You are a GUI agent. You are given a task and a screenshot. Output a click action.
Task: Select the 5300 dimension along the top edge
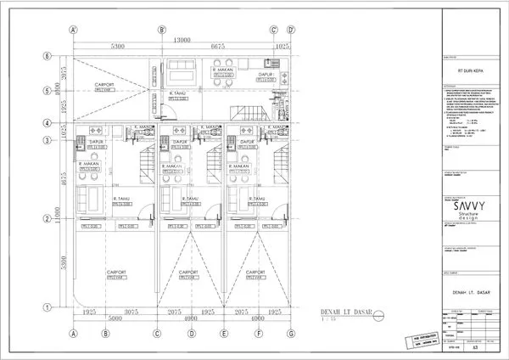(117, 47)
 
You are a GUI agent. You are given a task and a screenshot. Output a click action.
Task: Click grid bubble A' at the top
(74, 30)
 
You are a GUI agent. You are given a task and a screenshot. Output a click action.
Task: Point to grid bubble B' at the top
(161, 30)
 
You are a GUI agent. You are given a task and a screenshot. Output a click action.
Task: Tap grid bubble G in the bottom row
(290, 334)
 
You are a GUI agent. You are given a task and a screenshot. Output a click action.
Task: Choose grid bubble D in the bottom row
(193, 334)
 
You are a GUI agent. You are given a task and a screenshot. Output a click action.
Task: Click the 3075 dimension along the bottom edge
(131, 313)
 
